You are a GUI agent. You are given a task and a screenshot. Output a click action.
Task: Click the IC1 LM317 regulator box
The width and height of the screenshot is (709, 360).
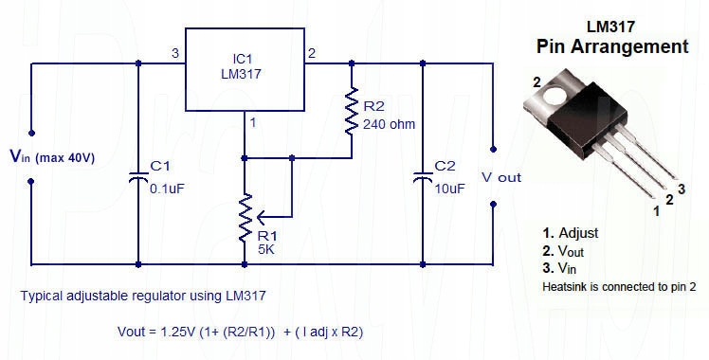tap(244, 69)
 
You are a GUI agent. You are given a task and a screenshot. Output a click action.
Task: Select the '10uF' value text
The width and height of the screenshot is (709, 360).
tap(449, 189)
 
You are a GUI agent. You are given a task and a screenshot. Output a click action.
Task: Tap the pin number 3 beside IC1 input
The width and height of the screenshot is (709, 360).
tap(175, 53)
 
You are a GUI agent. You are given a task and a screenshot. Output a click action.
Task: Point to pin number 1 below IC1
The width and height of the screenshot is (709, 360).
tap(252, 122)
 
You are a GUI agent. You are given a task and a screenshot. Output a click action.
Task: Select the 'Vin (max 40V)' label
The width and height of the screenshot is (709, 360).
tap(52, 156)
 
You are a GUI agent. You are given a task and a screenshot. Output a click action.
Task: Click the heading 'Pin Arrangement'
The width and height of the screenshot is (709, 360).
tap(611, 45)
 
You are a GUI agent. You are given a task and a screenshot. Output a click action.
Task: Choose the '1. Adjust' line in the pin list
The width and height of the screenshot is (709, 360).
tap(570, 232)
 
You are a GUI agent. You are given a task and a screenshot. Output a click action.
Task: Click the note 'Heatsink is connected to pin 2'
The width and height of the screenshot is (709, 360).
tap(619, 285)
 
